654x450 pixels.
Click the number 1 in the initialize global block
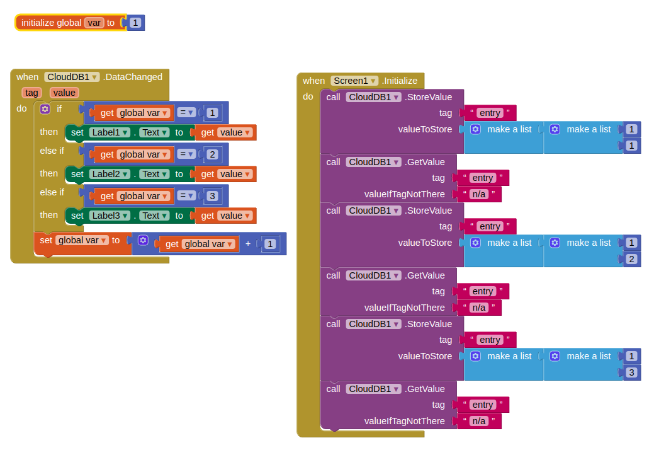(135, 23)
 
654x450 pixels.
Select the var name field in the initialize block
(94, 23)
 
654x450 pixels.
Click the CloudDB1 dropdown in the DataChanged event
(72, 77)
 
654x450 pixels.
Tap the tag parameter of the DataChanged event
(31, 93)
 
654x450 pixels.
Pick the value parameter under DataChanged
(64, 93)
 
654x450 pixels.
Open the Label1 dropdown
(110, 132)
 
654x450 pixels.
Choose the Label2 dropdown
(110, 174)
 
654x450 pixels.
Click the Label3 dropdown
(110, 216)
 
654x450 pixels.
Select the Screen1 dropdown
(355, 81)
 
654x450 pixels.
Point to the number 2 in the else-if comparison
(212, 154)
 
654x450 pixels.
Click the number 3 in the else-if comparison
(212, 196)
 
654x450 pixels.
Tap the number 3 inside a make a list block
(631, 372)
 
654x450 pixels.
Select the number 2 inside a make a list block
(631, 259)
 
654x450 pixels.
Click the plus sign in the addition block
(248, 244)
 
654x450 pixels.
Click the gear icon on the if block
(45, 109)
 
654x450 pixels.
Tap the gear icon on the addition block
(143, 240)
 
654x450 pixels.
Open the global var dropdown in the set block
(82, 240)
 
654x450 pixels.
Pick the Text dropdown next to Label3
(155, 216)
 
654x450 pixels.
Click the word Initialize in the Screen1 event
(401, 81)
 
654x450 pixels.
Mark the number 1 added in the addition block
(269, 244)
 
